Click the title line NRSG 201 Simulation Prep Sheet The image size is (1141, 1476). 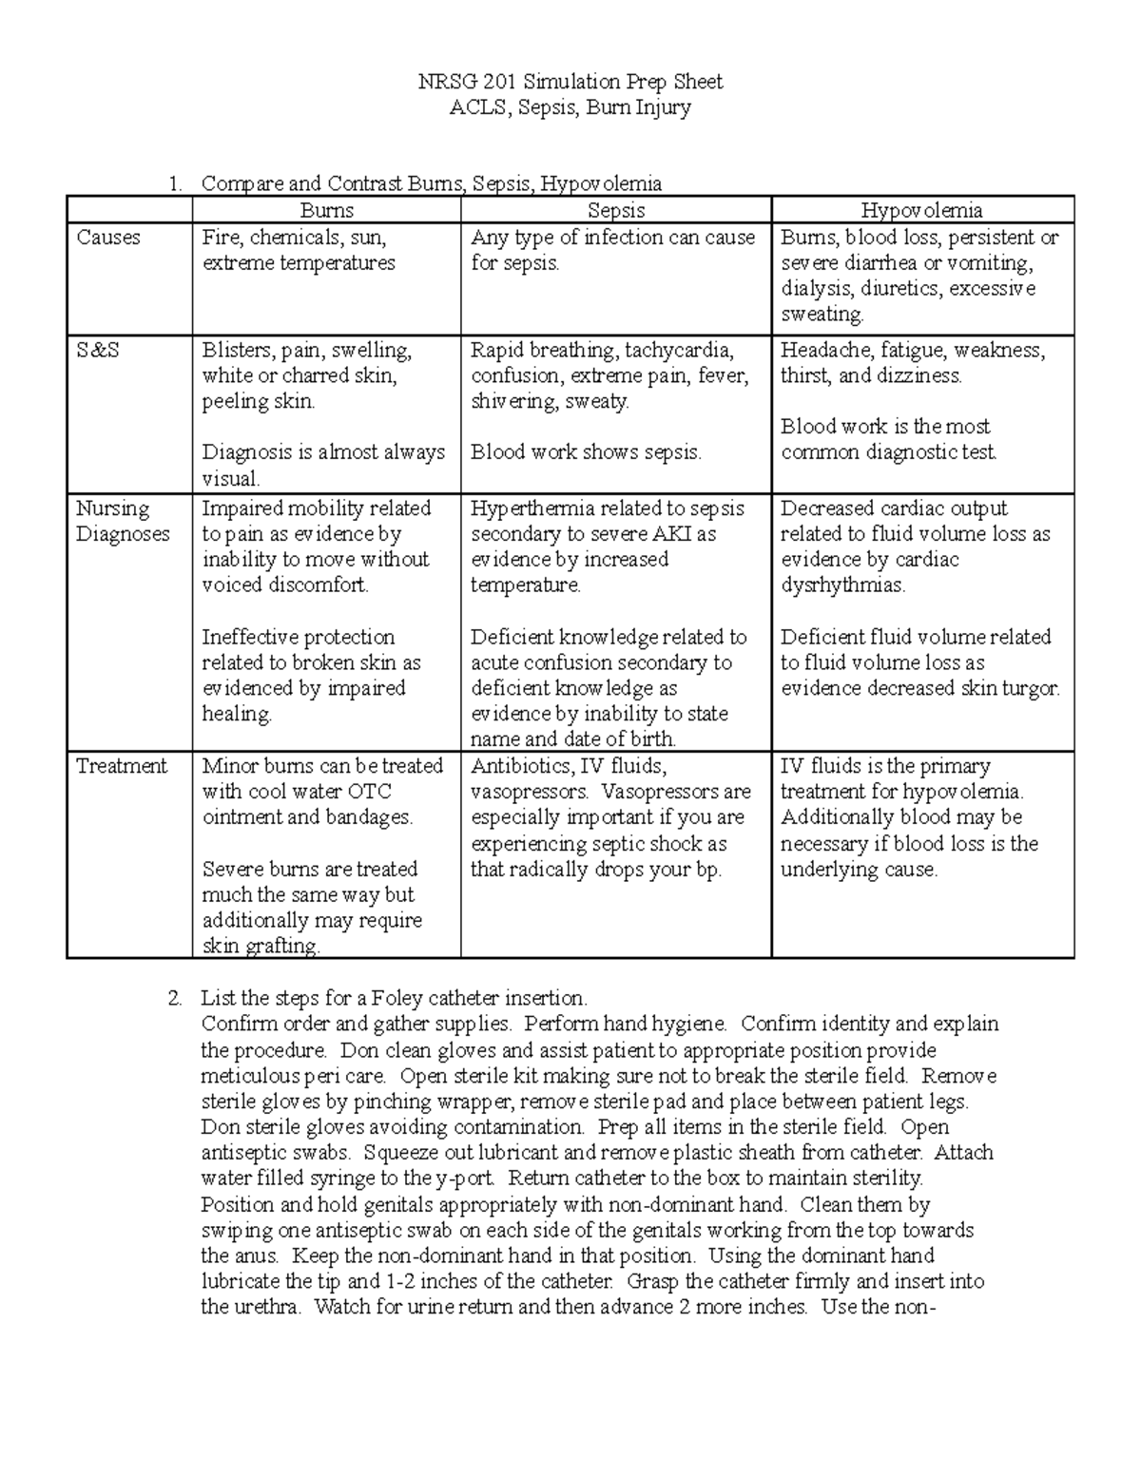click(570, 82)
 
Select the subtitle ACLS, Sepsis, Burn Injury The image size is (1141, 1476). click(570, 107)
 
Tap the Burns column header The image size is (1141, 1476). click(326, 211)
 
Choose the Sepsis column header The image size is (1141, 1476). click(616, 211)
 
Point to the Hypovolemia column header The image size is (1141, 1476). click(921, 211)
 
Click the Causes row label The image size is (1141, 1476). click(108, 238)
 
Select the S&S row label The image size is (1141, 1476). click(98, 351)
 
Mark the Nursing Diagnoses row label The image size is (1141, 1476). click(123, 522)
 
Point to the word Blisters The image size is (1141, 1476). click(235, 351)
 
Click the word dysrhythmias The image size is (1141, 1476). click(842, 585)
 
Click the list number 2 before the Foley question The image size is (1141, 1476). click(172, 999)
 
